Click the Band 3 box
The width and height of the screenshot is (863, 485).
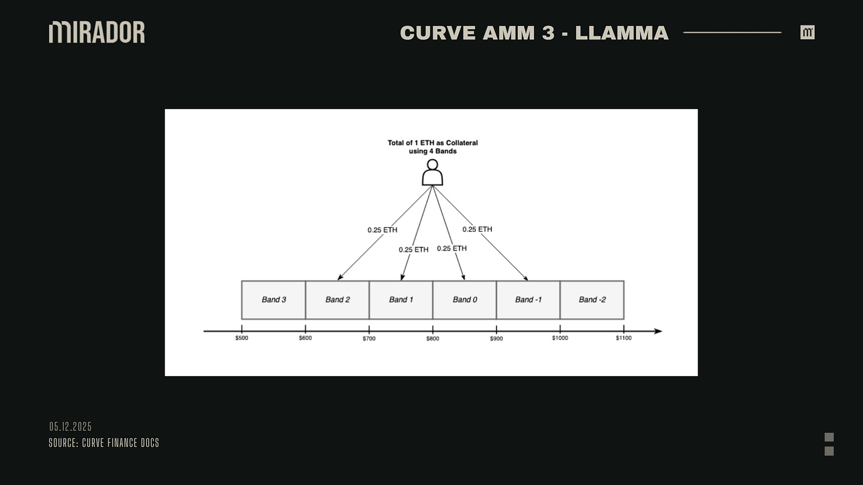click(273, 300)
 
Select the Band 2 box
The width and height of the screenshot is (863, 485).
click(337, 300)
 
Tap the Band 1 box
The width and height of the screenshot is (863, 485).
click(401, 300)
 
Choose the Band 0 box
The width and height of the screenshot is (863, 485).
click(465, 300)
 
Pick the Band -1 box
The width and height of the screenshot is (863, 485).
click(528, 300)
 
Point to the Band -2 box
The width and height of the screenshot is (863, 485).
click(592, 300)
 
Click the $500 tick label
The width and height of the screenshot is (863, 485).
click(242, 338)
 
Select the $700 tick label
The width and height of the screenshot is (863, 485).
click(369, 339)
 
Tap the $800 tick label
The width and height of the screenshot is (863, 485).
click(433, 339)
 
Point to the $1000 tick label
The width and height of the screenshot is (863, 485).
click(560, 338)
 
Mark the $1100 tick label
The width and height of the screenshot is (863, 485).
click(624, 338)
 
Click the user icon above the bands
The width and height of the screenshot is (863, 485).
click(433, 173)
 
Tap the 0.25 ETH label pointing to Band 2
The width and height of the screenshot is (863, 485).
click(382, 230)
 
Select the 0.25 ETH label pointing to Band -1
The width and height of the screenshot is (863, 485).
click(477, 229)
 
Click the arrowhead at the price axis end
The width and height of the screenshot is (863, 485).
click(658, 331)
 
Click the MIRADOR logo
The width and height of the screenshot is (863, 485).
click(97, 32)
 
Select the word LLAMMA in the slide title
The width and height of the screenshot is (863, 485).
click(622, 33)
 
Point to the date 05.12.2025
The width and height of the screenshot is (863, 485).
click(71, 427)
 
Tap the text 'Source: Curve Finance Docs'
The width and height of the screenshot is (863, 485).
click(104, 443)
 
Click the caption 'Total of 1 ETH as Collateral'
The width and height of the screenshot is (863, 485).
click(433, 143)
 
